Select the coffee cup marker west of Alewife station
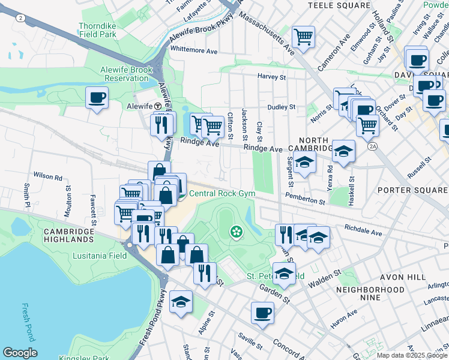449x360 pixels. point(97,97)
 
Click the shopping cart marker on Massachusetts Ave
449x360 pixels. point(303,37)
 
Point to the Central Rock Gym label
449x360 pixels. point(222,193)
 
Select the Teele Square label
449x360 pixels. point(339,5)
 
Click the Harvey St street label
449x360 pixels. point(272,77)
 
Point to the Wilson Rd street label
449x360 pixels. point(48,177)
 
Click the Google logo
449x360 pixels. point(20,353)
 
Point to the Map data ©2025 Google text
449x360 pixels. point(412,355)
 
